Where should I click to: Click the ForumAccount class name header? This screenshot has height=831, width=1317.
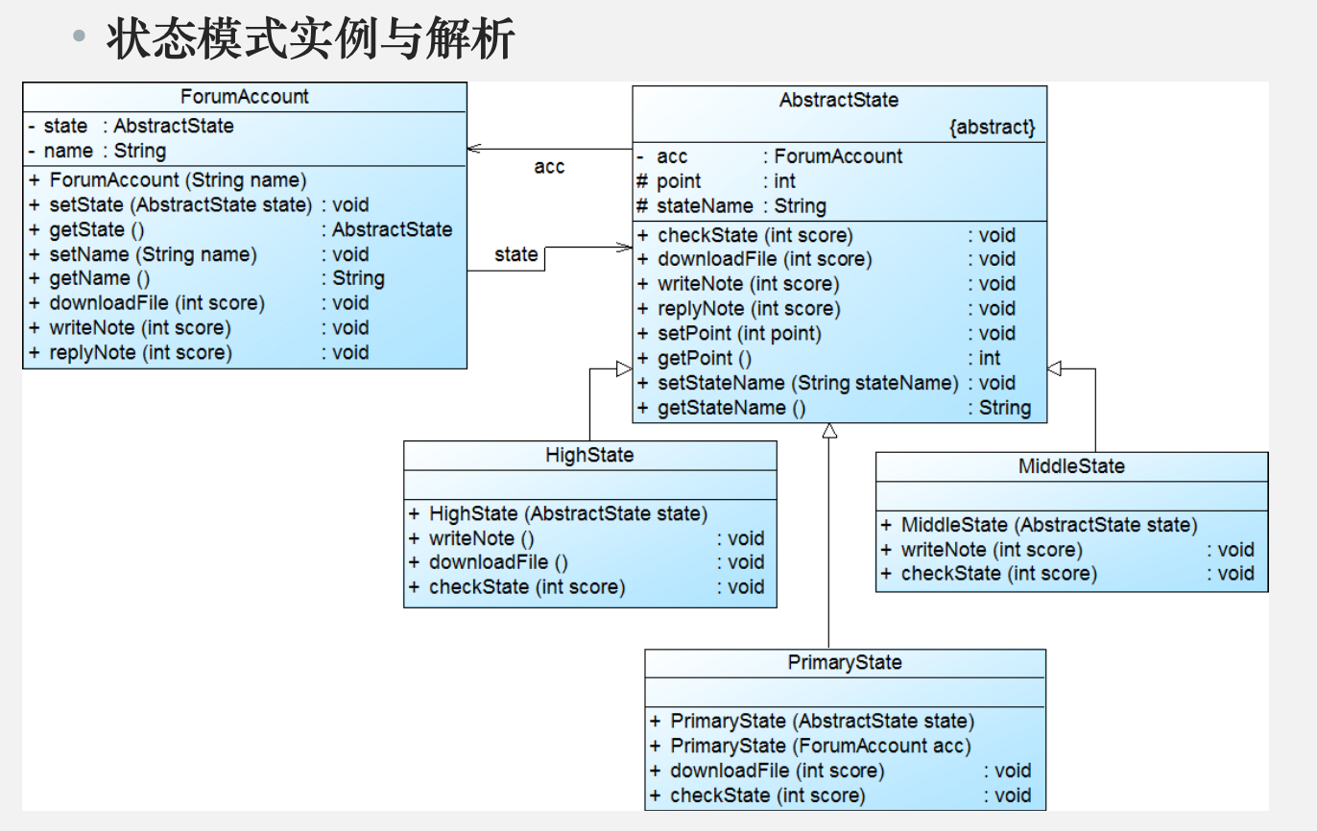coord(244,96)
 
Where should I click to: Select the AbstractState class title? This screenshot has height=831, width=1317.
coord(839,100)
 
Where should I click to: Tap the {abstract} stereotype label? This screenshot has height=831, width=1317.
coord(992,127)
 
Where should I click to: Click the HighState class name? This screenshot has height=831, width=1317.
coord(589,455)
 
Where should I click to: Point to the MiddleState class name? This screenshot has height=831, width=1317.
coord(1071,466)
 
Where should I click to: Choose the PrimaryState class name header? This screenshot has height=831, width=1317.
coord(845,662)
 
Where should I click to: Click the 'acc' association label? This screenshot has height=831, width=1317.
coord(549,167)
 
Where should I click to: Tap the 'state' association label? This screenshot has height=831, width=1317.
coord(515,254)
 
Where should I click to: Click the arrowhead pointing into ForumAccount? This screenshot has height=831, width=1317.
coord(474,149)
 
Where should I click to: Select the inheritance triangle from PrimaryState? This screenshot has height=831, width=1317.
coord(829,431)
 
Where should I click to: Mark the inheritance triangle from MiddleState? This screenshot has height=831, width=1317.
coord(1054,368)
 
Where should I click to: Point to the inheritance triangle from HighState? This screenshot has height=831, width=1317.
coord(624,368)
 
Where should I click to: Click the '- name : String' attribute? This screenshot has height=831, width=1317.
coord(98,151)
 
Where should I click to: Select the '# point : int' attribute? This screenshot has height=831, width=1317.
coord(716,181)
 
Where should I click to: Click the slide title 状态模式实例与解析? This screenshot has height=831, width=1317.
coord(310,38)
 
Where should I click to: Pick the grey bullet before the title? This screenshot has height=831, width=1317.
coord(79,36)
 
